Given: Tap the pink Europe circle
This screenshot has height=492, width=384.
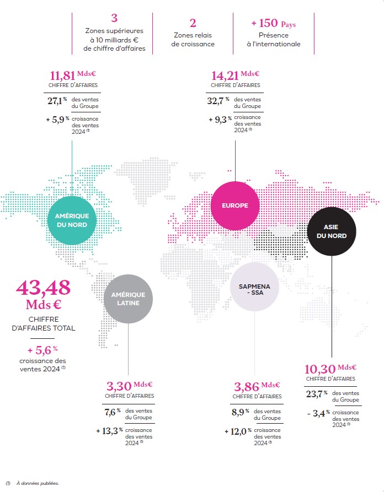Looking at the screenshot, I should click(x=234, y=206).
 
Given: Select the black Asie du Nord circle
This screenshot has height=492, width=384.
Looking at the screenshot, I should click(x=331, y=231).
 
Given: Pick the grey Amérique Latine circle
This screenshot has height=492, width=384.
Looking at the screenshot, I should click(x=129, y=298).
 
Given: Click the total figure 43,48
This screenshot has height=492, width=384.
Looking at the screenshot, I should click(x=43, y=288).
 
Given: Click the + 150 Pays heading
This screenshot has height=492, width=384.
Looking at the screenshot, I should click(x=273, y=24).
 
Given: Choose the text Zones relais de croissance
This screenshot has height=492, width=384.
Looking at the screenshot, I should click(x=193, y=40).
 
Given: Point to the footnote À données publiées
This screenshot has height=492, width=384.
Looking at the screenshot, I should click(x=39, y=483).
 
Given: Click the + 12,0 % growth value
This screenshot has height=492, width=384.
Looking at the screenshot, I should click(x=238, y=431).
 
